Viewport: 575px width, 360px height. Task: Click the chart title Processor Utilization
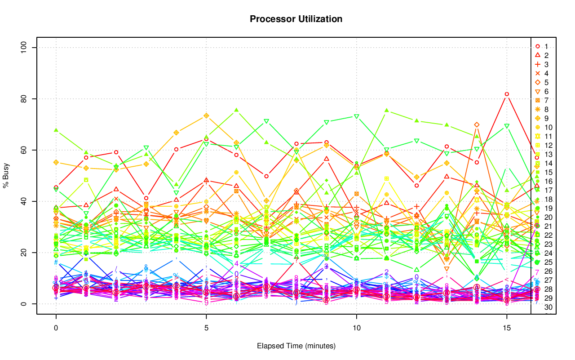tap(296, 19)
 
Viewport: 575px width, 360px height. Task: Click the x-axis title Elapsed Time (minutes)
tap(296, 346)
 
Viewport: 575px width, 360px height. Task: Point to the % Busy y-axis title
tap(7, 176)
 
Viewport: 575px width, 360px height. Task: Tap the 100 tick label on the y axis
tap(25, 48)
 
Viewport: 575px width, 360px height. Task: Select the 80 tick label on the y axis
tap(25, 99)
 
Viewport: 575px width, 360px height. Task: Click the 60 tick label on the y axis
tap(25, 150)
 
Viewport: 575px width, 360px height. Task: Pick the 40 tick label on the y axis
tap(25, 201)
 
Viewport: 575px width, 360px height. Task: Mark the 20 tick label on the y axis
tap(25, 253)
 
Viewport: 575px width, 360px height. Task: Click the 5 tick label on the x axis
tap(206, 329)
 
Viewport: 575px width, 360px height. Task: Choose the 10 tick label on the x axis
tap(356, 329)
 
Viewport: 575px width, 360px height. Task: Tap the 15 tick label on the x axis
tap(507, 329)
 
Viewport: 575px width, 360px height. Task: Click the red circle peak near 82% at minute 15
tap(507, 94)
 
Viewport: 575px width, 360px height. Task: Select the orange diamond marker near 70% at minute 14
tap(477, 124)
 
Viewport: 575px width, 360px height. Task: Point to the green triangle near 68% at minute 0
tap(56, 130)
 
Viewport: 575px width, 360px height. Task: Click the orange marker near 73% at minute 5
tap(206, 116)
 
